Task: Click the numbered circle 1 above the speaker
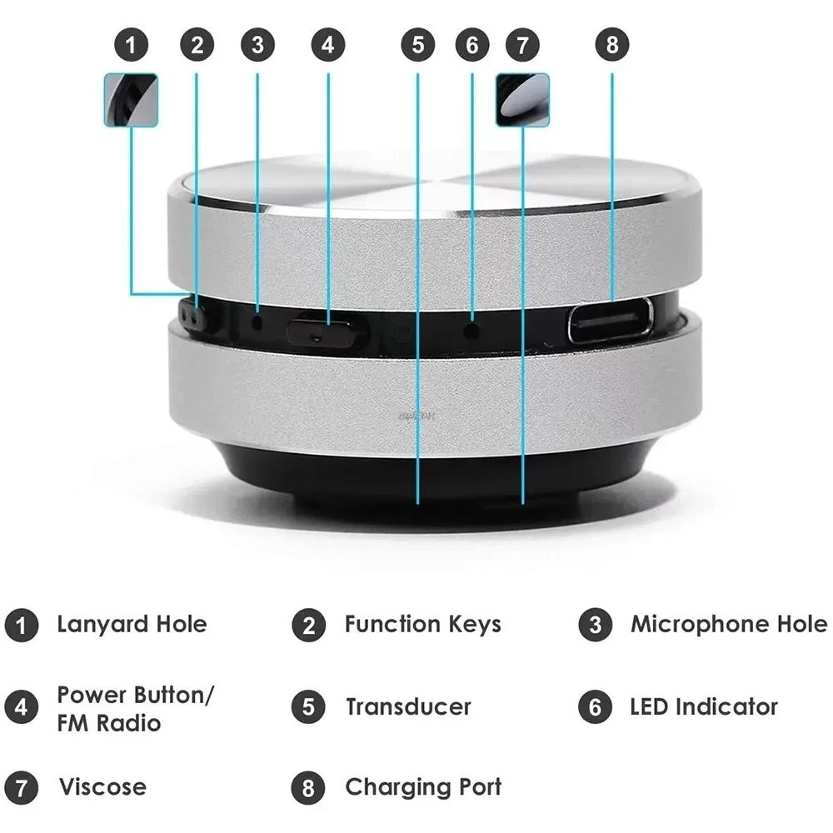click(x=131, y=44)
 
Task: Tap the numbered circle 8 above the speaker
click(x=612, y=44)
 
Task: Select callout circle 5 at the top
click(x=417, y=44)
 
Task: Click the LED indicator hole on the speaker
click(x=472, y=330)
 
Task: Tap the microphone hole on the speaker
click(x=257, y=320)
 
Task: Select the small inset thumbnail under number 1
click(x=131, y=100)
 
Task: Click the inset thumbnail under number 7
click(x=522, y=100)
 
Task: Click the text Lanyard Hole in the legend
click(x=132, y=624)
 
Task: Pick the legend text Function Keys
click(x=422, y=624)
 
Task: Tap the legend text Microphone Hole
click(x=729, y=624)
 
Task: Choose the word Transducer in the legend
click(x=408, y=707)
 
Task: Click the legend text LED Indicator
click(x=704, y=707)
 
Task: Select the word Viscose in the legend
click(x=102, y=786)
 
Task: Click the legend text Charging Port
click(x=423, y=786)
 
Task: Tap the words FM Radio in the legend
click(x=108, y=722)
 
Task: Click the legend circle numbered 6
click(x=595, y=708)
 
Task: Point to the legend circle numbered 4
click(x=21, y=708)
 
